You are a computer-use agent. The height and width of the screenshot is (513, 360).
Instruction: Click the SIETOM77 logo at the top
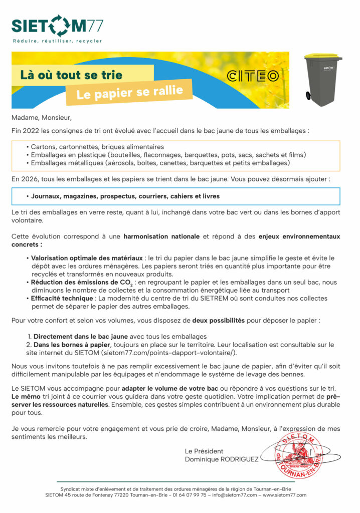pos(57,26)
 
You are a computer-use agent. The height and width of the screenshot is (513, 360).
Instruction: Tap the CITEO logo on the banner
pos(253,76)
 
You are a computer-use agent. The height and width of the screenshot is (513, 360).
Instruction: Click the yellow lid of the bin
pos(323,56)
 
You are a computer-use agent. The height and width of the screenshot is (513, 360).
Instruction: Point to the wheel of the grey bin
pos(308,95)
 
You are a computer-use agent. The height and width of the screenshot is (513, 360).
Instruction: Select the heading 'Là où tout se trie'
pos(71,75)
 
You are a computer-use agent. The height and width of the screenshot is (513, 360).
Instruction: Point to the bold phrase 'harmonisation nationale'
pos(161,236)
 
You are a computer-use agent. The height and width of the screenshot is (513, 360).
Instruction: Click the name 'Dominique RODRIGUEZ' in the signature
pos(222,459)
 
